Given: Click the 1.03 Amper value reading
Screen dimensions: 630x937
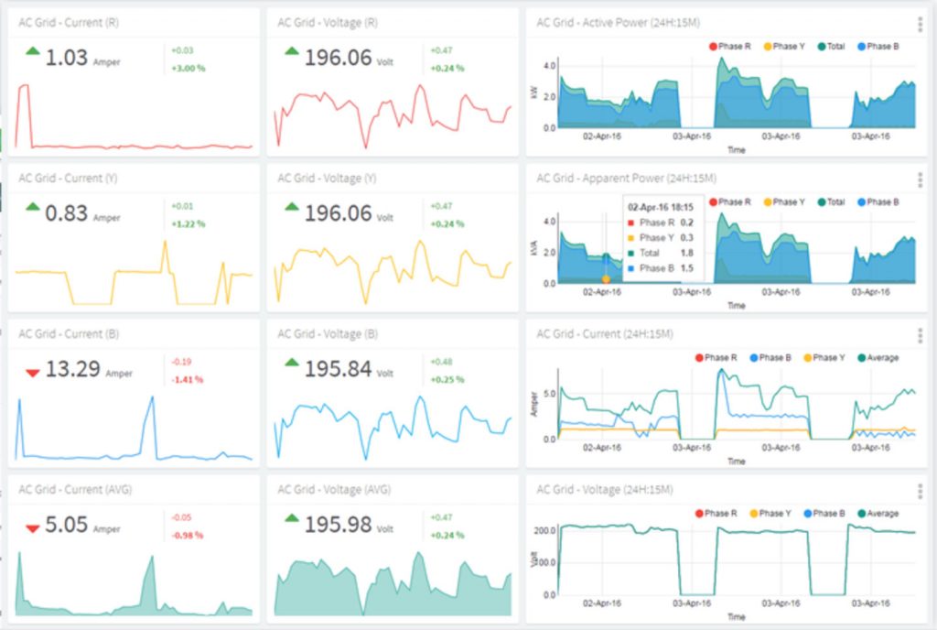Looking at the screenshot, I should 67,58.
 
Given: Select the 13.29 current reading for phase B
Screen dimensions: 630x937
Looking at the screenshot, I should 71,369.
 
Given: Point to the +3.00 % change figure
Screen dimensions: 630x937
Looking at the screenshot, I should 188,68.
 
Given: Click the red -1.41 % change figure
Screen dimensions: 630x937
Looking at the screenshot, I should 187,379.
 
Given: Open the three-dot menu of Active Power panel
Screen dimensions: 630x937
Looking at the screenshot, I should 920,25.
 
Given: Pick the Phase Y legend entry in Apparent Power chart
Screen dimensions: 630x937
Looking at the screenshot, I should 784,201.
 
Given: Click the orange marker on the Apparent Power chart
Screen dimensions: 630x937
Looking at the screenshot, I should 606,278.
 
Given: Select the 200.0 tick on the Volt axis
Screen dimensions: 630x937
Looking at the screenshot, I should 545,530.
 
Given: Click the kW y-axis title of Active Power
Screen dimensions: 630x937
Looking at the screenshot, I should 534,94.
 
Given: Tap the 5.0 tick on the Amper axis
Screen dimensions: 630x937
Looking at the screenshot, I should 547,395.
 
